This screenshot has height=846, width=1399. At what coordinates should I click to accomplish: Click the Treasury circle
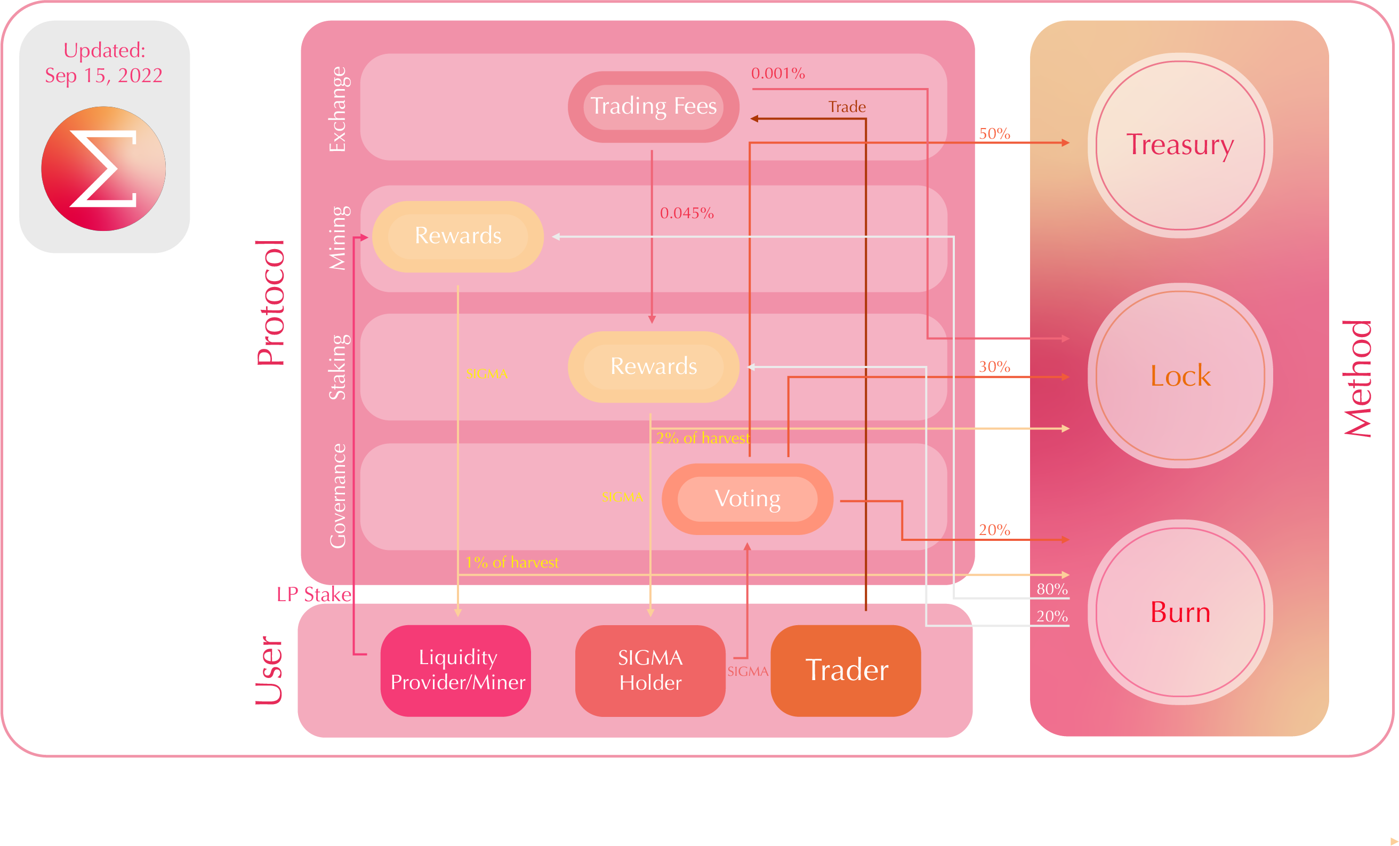point(1180,146)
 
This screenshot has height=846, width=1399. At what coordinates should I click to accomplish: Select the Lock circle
point(1180,376)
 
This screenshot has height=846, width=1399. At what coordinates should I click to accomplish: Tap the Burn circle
point(1180,612)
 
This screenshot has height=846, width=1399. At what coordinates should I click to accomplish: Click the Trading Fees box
point(653,106)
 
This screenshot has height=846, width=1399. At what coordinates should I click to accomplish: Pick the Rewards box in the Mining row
point(457,236)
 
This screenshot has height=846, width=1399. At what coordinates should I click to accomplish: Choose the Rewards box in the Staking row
point(653,366)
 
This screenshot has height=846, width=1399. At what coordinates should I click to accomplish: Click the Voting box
point(747,499)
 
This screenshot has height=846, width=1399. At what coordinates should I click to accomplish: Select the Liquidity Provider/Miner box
point(457,670)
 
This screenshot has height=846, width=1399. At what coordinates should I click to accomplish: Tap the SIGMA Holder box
point(650,670)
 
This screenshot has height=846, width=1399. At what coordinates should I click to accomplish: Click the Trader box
point(846,670)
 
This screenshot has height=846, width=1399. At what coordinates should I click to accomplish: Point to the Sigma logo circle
point(103,169)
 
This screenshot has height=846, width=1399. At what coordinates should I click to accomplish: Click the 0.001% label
point(777,73)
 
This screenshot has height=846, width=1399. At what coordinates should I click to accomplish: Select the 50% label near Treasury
point(994,133)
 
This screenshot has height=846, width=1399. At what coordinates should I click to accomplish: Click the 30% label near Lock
point(994,366)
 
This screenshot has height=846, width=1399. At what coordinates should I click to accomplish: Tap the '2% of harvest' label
point(702,438)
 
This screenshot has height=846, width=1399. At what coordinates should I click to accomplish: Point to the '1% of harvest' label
point(512,562)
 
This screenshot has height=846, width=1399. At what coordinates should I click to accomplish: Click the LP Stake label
point(313,594)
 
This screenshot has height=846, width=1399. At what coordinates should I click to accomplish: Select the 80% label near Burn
point(1051,589)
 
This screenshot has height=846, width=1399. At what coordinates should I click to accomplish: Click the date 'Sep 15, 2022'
point(104,75)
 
